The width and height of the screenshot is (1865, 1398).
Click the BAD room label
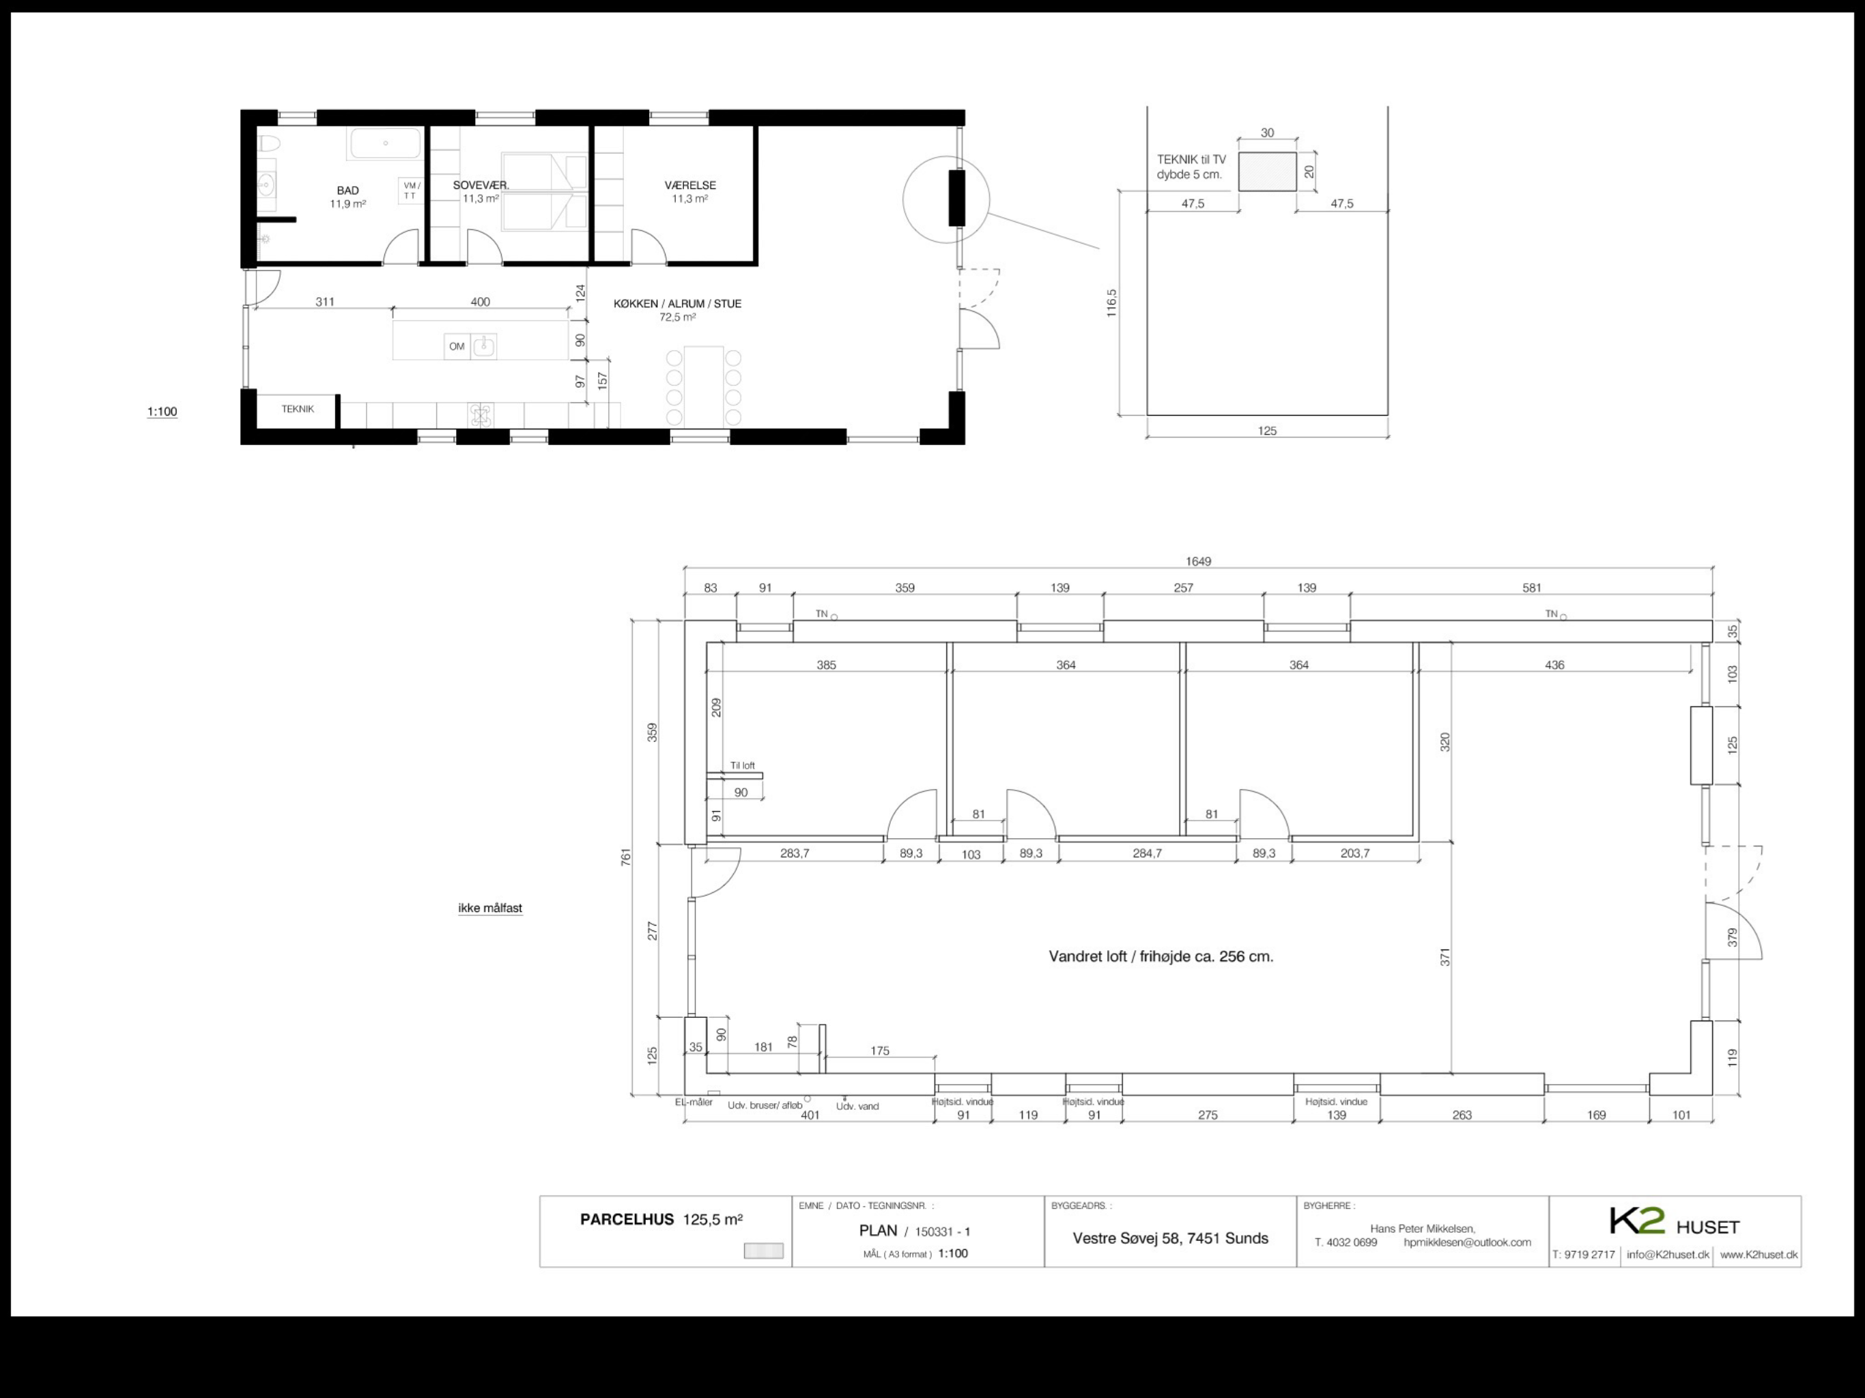[x=347, y=190]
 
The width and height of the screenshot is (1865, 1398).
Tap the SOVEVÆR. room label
[x=481, y=186]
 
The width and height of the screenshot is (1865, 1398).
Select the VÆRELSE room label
[x=689, y=186]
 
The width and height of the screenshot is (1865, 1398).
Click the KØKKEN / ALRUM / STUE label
[x=677, y=304]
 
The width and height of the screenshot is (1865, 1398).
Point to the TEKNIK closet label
[x=298, y=409]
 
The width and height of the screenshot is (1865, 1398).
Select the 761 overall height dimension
[x=625, y=857]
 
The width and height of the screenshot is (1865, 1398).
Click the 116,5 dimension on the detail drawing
[x=1111, y=302]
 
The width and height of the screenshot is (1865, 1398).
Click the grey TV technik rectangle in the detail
[x=1267, y=172]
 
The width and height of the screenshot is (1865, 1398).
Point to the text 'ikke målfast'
[x=490, y=908]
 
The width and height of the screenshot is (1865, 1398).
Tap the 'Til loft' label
[x=743, y=766]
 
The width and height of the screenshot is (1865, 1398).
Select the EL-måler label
[x=693, y=1102]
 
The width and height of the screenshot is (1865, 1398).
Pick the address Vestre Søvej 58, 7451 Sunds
[x=1170, y=1238]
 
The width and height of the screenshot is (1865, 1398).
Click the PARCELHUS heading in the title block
[x=627, y=1219]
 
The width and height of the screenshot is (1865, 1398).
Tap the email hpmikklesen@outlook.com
[x=1467, y=1242]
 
